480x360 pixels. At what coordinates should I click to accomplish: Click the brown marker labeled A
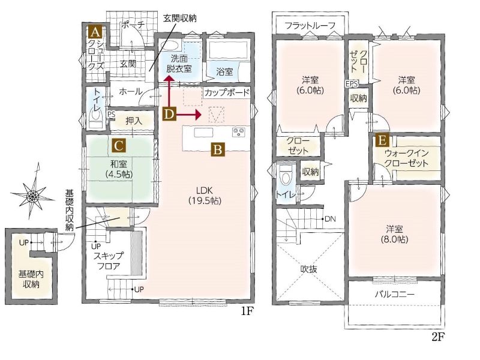[x=95, y=32]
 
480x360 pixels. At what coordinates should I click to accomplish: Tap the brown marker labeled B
[x=218, y=150]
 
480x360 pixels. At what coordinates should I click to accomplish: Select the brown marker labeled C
[x=119, y=146]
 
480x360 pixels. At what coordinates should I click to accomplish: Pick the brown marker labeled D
[x=169, y=115]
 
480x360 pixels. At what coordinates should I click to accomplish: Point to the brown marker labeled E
[x=382, y=141]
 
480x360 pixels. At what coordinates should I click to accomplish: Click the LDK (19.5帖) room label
[x=205, y=196]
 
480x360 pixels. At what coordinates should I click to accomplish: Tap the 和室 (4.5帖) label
[x=119, y=169]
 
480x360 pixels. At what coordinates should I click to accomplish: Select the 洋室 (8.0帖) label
[x=394, y=234]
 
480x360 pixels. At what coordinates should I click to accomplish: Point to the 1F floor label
[x=247, y=311]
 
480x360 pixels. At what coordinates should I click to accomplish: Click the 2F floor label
[x=437, y=337]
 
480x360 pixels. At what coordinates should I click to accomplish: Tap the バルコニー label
[x=395, y=295]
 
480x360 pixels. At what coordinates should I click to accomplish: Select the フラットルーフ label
[x=310, y=25]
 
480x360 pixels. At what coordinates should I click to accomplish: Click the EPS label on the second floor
[x=352, y=83]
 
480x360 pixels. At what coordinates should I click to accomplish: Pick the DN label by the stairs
[x=330, y=219]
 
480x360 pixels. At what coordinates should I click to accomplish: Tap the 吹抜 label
[x=308, y=269]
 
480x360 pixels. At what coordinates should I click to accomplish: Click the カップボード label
[x=227, y=92]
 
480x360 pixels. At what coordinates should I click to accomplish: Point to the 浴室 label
[x=224, y=72]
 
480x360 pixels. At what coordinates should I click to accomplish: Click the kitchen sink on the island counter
[x=203, y=133]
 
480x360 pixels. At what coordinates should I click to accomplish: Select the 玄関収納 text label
[x=179, y=18]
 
